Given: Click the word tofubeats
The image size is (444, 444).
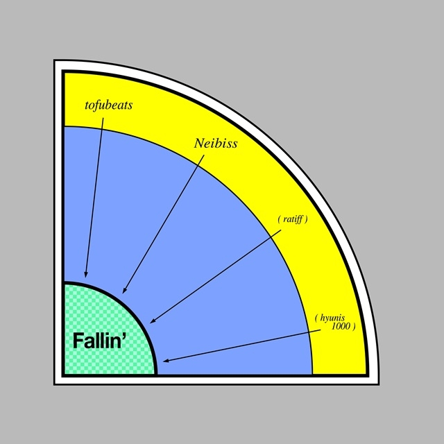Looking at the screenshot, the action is click(109, 105).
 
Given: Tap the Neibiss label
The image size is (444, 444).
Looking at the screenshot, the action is click(216, 144).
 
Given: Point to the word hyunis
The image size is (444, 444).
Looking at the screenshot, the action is click(332, 318).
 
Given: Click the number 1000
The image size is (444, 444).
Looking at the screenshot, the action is click(341, 327).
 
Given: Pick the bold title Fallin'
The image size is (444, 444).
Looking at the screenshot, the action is click(99, 341).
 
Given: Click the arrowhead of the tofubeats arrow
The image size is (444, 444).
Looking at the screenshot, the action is click(86, 275).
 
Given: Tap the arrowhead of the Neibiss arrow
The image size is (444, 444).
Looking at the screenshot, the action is click(124, 291).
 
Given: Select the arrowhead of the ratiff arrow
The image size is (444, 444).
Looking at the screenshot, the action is click(153, 321).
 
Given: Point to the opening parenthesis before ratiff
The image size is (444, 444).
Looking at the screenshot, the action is click(279, 219).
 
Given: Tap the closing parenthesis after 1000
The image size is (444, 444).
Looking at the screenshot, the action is click(354, 327).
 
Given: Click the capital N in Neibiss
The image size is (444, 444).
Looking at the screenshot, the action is click(200, 144).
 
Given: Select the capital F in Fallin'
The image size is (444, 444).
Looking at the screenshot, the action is click(78, 341).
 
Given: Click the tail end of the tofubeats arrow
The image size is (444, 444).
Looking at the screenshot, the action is click(103, 118).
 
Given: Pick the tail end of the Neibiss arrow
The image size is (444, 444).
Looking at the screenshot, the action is click(204, 155).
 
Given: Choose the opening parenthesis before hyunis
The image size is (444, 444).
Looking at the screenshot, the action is click(316, 318).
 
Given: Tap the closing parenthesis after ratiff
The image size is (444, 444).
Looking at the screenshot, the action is click(306, 219).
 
